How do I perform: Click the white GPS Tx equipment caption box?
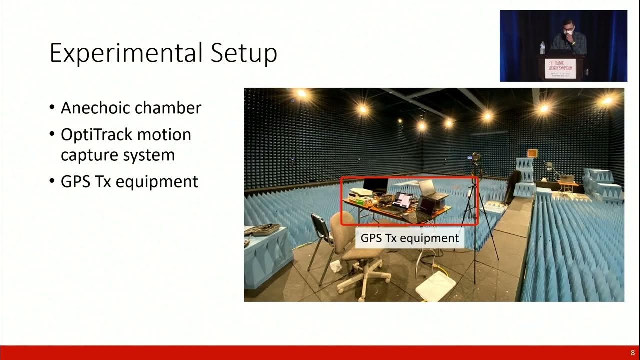pyautogui.click(x=410, y=238)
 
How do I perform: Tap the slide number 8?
pyautogui.click(x=632, y=353)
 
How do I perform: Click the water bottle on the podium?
pyautogui.click(x=543, y=48)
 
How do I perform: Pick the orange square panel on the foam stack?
pyautogui.click(x=532, y=152)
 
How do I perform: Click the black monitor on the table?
pyautogui.click(x=375, y=186)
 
